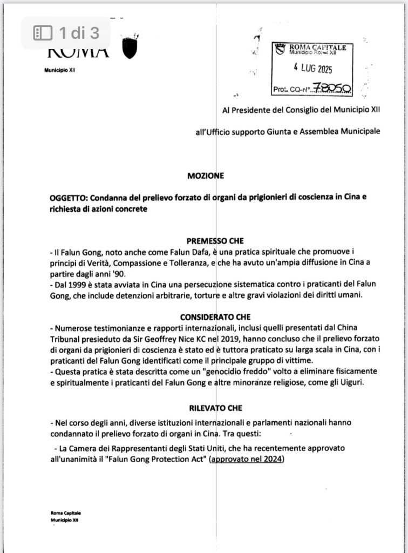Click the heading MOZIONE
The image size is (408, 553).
206,176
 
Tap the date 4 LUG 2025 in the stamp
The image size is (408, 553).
313,69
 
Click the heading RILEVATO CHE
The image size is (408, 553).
216,409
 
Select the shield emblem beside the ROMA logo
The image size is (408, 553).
130,49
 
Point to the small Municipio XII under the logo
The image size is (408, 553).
59,70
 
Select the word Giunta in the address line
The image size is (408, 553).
294,131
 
